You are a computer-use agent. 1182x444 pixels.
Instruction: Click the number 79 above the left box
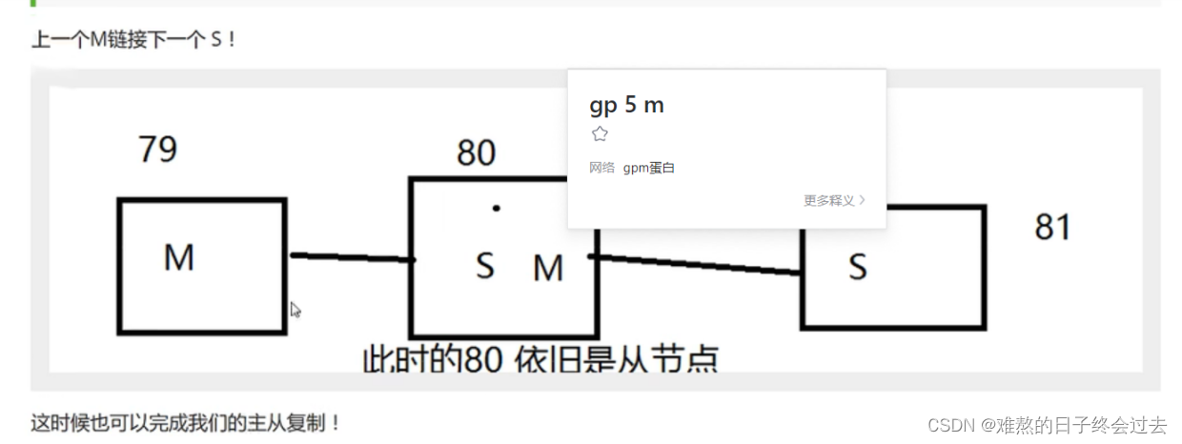(157, 150)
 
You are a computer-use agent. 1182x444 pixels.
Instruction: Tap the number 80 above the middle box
(476, 152)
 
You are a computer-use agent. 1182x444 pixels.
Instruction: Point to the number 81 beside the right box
(1052, 228)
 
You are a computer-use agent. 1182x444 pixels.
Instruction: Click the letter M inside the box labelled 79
(179, 257)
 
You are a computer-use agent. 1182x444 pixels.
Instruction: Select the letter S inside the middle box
(485, 266)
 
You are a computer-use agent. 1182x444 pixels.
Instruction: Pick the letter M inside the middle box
(548, 269)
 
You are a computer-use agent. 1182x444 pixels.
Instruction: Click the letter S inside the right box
(858, 268)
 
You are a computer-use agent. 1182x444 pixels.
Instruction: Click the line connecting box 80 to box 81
(696, 265)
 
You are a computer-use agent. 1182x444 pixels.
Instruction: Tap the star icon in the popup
(600, 134)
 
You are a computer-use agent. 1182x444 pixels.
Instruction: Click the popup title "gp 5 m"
(626, 105)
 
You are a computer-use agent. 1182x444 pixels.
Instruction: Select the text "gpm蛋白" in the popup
(649, 169)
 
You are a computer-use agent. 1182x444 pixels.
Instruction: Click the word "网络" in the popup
(602, 169)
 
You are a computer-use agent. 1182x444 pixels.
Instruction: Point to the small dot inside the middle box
(496, 208)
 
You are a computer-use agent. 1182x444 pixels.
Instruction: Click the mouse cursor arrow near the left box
(295, 309)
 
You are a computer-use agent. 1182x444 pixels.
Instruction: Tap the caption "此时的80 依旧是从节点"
(540, 360)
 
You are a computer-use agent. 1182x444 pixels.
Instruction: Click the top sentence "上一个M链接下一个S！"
(133, 41)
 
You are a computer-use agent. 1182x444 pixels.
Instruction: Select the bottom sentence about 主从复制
(187, 422)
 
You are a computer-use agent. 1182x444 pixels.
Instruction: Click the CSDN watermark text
(1047, 425)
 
